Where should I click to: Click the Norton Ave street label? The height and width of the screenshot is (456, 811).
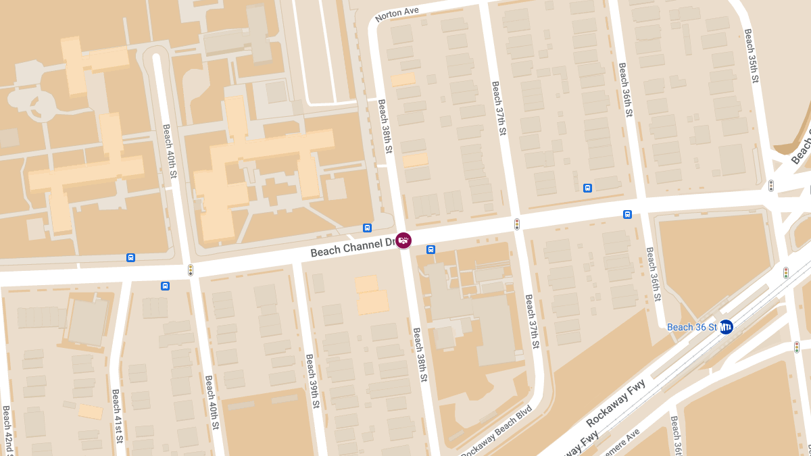click(397, 13)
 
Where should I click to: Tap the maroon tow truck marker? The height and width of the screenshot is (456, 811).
click(403, 240)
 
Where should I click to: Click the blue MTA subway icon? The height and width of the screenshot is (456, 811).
click(726, 327)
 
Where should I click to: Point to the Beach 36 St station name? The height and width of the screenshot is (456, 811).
click(691, 327)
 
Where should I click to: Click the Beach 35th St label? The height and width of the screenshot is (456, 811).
click(751, 55)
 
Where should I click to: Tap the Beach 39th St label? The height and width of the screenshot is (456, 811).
click(312, 381)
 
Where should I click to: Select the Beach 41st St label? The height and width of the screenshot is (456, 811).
click(117, 416)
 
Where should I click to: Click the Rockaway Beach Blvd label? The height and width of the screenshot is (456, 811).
click(497, 431)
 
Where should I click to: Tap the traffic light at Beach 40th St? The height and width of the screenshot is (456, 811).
click(191, 270)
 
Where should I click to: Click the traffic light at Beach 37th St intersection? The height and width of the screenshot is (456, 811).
click(517, 224)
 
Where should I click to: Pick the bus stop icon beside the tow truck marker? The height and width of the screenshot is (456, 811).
click(431, 249)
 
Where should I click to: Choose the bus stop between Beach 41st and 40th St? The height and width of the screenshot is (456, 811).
click(165, 286)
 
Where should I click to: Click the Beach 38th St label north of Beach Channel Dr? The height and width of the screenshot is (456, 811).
click(385, 126)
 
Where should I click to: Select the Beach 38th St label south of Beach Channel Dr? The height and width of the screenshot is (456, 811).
click(420, 355)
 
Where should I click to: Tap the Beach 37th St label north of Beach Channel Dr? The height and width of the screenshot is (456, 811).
click(499, 109)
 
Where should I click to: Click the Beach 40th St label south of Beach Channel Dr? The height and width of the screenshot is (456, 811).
click(212, 403)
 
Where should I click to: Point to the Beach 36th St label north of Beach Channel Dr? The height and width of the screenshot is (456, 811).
click(625, 90)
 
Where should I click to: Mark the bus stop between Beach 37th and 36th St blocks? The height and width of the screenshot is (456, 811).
click(587, 188)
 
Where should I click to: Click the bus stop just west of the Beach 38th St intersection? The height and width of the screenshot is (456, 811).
click(367, 228)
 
